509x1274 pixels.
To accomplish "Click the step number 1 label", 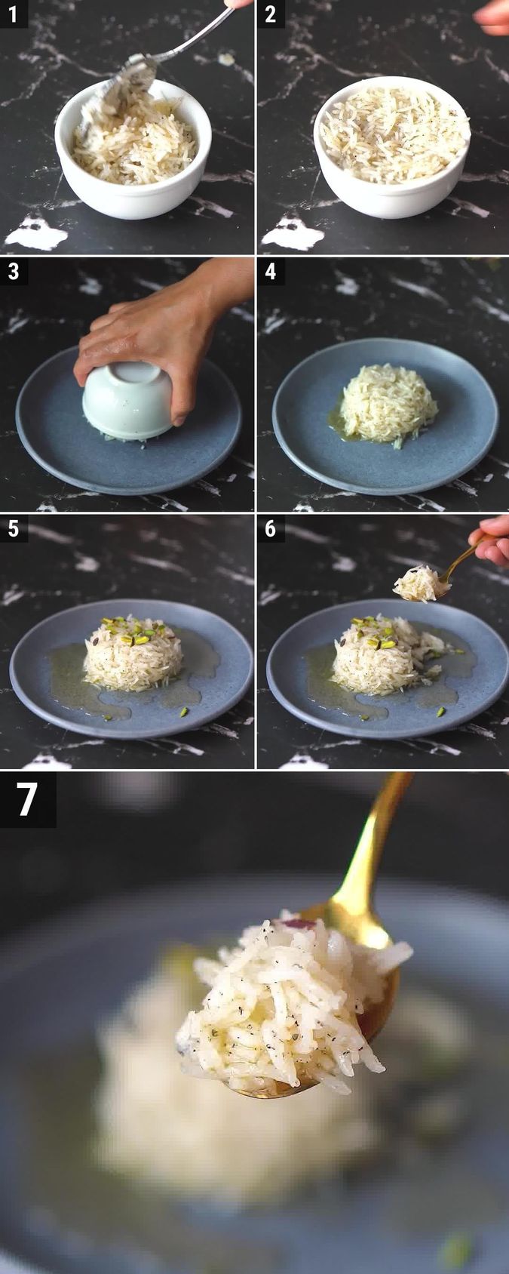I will pos(14,14).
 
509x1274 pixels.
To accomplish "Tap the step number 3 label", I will pos(14,272).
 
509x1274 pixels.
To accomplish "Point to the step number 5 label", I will pos(14,529).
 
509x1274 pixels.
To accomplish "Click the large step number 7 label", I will pos(27,799).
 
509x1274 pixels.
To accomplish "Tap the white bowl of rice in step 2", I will pos(392,151).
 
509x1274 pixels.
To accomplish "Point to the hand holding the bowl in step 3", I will pos(151,332).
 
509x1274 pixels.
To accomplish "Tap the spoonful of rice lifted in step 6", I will pos(419,583).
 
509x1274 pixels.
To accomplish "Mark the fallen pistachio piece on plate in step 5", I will pos(184,711).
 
